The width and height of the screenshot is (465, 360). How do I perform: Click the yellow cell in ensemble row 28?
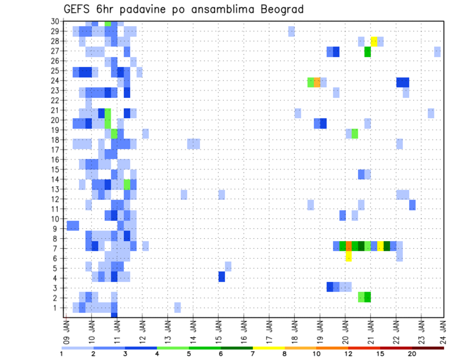(374, 41)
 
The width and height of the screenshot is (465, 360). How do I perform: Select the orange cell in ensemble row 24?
(317, 82)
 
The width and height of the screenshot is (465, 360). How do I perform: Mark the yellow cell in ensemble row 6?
(348, 257)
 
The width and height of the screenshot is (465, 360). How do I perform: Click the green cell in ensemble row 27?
(368, 51)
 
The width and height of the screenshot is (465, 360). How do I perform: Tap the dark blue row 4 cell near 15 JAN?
(221, 277)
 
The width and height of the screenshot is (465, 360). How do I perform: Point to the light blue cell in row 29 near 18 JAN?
(291, 31)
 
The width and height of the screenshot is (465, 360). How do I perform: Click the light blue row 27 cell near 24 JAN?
(437, 51)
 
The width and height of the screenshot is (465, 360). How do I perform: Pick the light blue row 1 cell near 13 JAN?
(177, 307)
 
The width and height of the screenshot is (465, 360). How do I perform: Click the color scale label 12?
(348, 354)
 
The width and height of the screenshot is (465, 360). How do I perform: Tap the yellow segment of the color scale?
(269, 348)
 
